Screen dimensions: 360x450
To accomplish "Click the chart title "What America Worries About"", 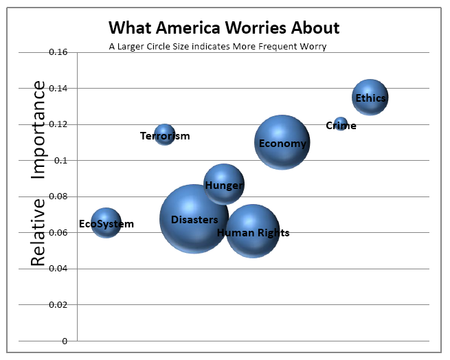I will tap(224, 28).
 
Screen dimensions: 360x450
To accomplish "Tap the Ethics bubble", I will tap(370, 97).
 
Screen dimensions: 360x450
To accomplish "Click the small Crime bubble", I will tap(341, 124).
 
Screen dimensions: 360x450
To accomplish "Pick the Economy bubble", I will tap(282, 142).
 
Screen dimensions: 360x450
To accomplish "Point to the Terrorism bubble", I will tap(165, 134).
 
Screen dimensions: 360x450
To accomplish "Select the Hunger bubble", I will tap(224, 184).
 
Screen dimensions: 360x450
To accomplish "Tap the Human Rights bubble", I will tap(253, 232).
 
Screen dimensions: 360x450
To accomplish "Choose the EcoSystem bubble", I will tap(106, 223).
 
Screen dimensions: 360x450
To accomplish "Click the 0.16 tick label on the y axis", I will tap(58, 52).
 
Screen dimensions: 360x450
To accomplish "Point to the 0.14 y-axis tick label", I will tap(58, 89).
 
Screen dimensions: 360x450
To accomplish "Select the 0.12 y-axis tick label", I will tap(58, 124).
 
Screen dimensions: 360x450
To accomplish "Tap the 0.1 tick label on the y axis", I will tap(60, 161).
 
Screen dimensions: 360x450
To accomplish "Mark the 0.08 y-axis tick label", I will tap(58, 196).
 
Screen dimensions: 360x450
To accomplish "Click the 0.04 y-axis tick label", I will tap(58, 269).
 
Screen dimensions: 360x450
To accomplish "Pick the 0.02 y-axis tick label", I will tap(58, 304).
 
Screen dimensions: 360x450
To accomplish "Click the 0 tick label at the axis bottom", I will tap(65, 341).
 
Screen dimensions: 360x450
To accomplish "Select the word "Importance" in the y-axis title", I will tap(38, 130).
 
